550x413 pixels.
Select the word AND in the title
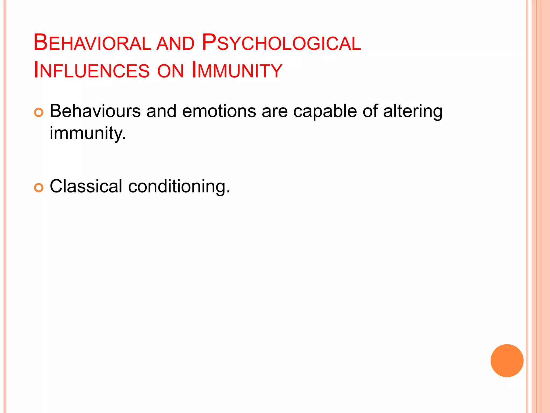click(175, 44)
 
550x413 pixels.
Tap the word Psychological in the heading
click(281, 43)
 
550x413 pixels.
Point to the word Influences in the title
click(92, 71)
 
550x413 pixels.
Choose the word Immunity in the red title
click(237, 71)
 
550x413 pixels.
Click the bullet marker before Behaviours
click(39, 112)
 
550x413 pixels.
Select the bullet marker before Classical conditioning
click(39, 188)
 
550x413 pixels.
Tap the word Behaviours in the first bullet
click(95, 111)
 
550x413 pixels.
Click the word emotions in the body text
click(219, 111)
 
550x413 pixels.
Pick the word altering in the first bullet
click(412, 112)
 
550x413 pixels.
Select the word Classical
click(86, 186)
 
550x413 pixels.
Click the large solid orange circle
click(507, 361)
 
